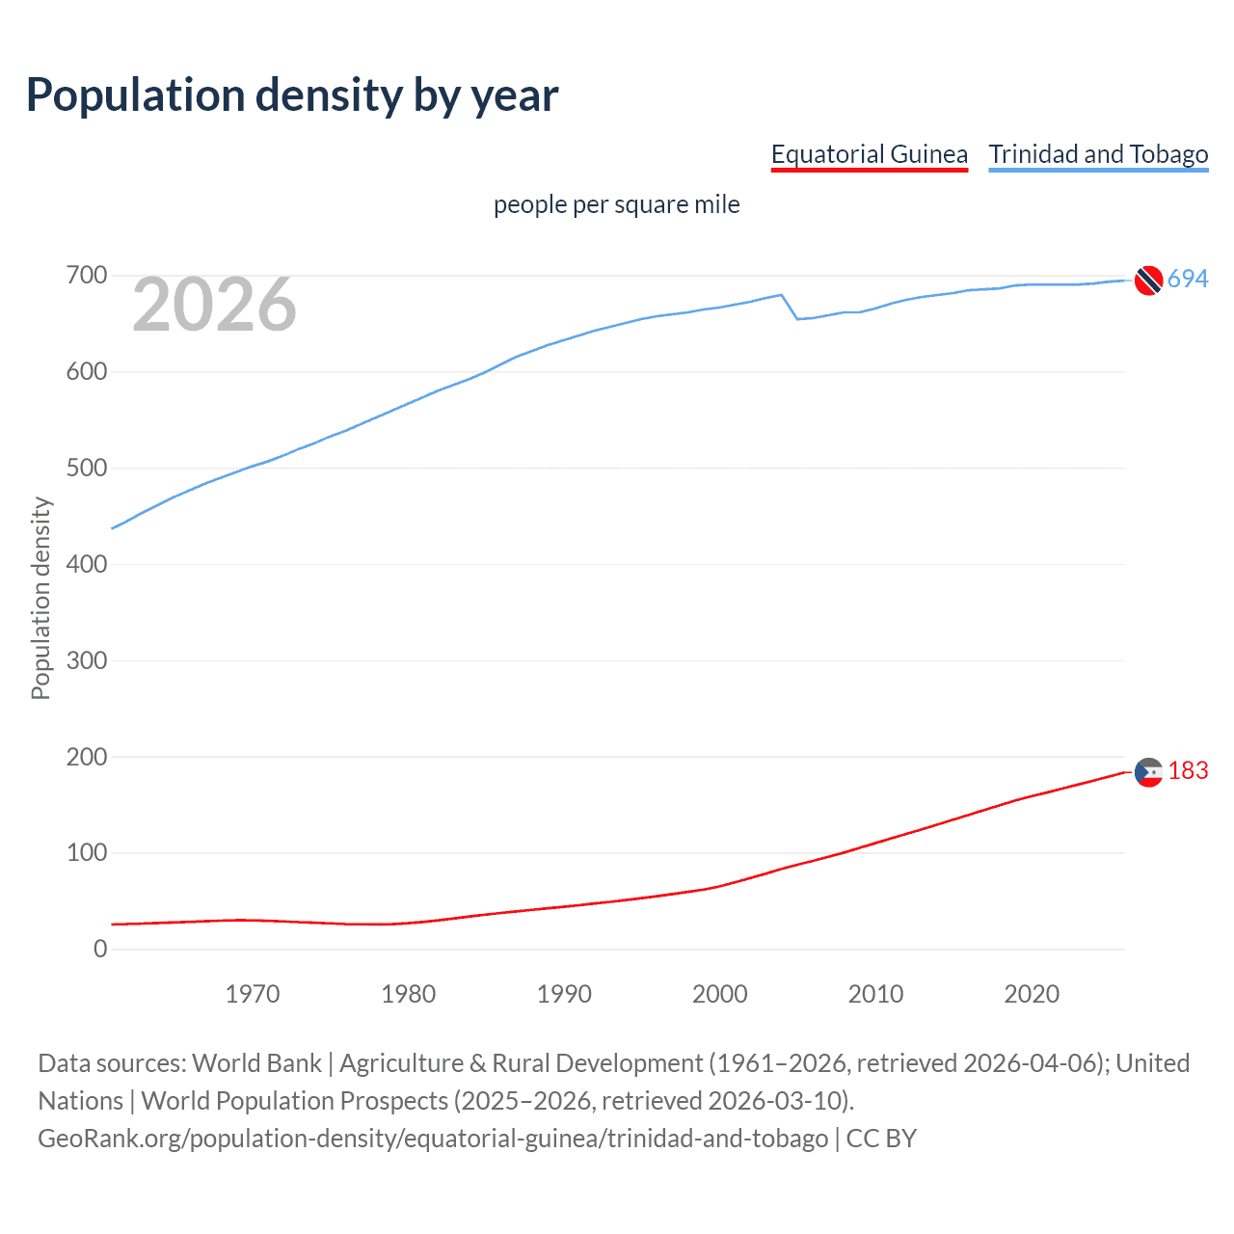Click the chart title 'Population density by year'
[x=292, y=95]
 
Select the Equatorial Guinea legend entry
[x=869, y=154]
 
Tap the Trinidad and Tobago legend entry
[x=1098, y=154]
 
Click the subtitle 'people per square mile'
[x=616, y=204]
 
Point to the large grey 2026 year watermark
[x=214, y=305]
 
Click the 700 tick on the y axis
[x=86, y=276]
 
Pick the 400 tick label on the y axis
[x=86, y=564]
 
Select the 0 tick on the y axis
[x=100, y=949]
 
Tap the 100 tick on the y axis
[x=86, y=852]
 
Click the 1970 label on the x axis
[x=253, y=994]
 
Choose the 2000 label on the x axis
[x=719, y=994]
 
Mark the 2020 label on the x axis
[x=1032, y=994]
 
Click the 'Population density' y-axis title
[x=40, y=598]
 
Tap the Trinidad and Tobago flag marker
[x=1148, y=280]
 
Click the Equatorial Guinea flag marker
[x=1148, y=772]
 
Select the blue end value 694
[x=1188, y=279]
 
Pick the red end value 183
[x=1188, y=770]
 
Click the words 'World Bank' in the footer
[x=256, y=1062]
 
